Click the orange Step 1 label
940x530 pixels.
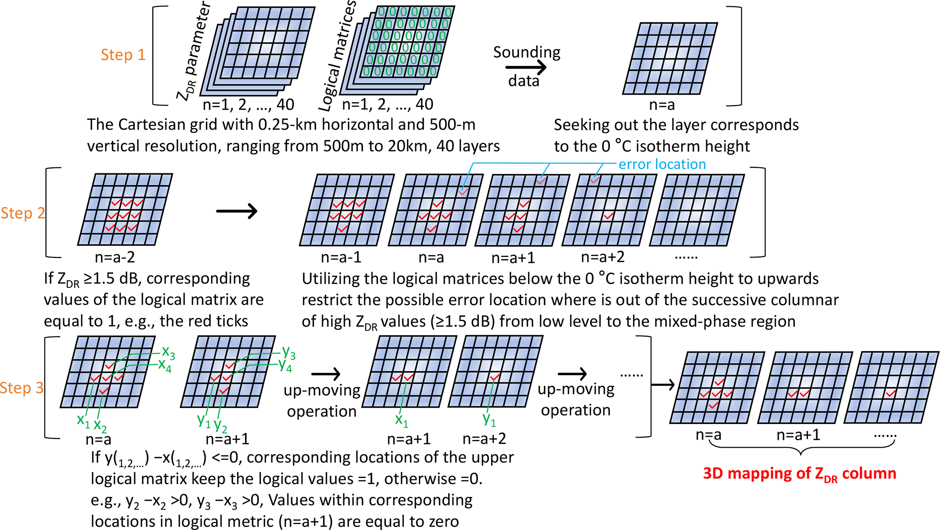click(x=123, y=55)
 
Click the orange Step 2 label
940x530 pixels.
click(x=23, y=213)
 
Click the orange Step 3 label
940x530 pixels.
click(x=22, y=388)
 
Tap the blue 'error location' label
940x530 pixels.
click(x=662, y=164)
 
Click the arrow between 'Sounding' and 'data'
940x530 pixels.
click(x=526, y=68)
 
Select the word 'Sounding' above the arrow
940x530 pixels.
click(x=527, y=52)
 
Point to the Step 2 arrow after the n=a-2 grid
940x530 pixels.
click(x=236, y=211)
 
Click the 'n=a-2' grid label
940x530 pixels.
click(x=115, y=257)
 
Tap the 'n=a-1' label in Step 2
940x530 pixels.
click(x=341, y=257)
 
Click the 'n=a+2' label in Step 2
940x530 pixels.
click(x=603, y=257)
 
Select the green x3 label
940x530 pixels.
click(x=168, y=352)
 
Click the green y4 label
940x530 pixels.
click(x=285, y=365)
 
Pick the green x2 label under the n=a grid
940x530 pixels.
click(x=100, y=426)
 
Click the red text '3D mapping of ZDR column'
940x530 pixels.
click(x=799, y=474)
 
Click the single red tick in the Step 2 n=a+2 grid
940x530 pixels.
click(x=609, y=215)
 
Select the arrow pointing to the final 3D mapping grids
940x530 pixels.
click(x=663, y=385)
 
